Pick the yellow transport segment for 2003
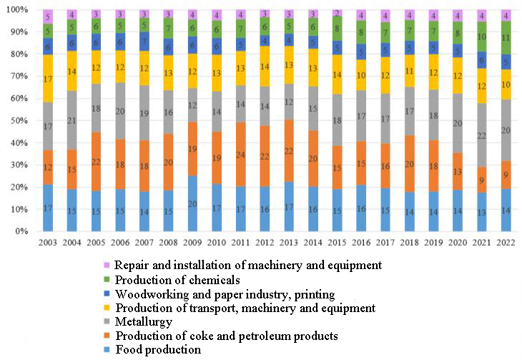tap(47, 79)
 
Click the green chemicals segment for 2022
tap(506, 38)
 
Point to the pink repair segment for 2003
tap(47, 16)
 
